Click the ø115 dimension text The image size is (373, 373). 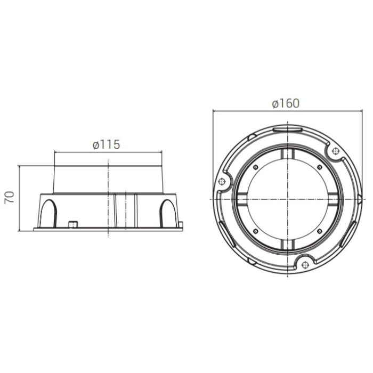click(106, 144)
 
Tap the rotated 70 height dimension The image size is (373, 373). click(9, 198)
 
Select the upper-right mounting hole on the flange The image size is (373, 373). click(336, 151)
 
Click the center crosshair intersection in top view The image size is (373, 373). click(288, 199)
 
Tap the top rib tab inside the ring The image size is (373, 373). click(288, 153)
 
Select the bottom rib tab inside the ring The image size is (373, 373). click(288, 244)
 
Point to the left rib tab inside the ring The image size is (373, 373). click(242, 199)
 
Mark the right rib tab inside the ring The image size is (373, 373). click(333, 199)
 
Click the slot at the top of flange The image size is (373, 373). click(288, 128)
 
